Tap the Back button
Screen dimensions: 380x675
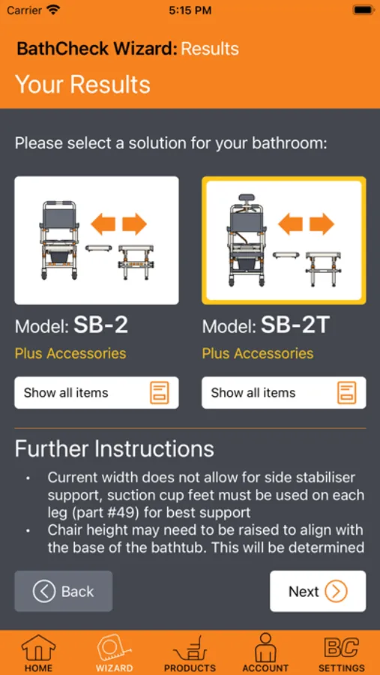64,591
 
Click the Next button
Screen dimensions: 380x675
318,591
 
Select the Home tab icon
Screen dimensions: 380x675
38,648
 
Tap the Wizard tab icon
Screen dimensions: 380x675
114,648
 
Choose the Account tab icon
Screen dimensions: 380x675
265,647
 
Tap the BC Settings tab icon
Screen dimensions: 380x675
341,647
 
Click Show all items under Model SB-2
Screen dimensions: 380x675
97,392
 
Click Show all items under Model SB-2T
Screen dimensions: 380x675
283,392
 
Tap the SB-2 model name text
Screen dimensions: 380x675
100,326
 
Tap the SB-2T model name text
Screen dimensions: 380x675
295,326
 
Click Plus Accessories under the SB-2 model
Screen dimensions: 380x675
70,353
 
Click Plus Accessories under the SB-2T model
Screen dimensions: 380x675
258,353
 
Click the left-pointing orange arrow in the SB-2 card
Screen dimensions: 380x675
103,224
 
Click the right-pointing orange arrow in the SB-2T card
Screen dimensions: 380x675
322,224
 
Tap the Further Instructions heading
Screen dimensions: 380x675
115,448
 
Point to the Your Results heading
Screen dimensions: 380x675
82,84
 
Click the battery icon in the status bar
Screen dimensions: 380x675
363,10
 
